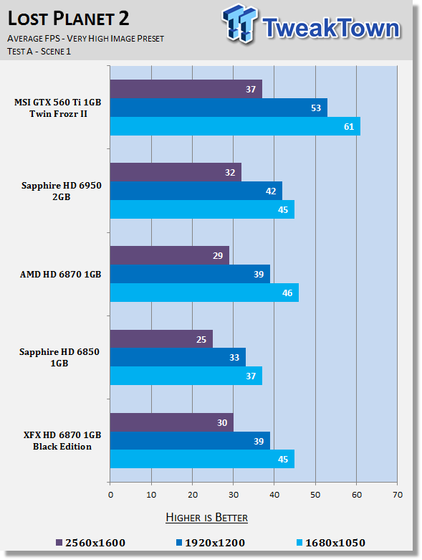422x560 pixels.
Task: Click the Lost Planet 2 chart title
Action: [x=69, y=18]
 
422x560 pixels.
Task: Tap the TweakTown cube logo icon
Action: [x=239, y=24]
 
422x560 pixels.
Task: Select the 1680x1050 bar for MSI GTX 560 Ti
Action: [x=235, y=126]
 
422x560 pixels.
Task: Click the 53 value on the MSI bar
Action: [x=316, y=108]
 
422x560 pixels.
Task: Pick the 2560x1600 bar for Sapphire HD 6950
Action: [x=176, y=172]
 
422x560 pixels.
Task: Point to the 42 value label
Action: [x=271, y=191]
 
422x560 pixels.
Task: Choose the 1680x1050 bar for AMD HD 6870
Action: [x=204, y=293]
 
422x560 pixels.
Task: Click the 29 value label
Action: [x=218, y=256]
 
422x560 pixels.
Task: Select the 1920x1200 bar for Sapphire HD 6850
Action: [x=178, y=357]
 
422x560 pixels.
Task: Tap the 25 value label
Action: [x=201, y=339]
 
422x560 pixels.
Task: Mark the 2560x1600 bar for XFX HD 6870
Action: [x=171, y=422]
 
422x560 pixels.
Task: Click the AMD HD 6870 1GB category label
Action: [x=61, y=275]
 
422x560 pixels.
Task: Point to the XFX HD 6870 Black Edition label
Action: [x=62, y=441]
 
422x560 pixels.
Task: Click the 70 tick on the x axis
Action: [x=398, y=495]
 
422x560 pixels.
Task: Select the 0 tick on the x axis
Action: [x=110, y=495]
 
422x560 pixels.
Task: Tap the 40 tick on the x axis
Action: [x=274, y=495]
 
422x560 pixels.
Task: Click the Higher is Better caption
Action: [x=207, y=518]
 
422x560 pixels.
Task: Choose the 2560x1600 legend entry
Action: [x=90, y=543]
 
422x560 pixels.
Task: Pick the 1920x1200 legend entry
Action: [x=211, y=543]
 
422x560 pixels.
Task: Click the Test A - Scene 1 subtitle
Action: [x=39, y=52]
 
